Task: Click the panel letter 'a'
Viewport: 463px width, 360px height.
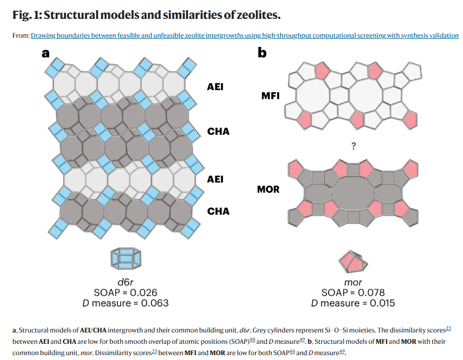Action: point(46,53)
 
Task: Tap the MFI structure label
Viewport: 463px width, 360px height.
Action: point(270,96)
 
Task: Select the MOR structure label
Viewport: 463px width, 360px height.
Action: point(269,190)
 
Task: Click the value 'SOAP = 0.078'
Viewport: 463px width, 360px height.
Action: point(353,293)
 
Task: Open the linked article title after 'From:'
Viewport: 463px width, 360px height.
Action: point(245,36)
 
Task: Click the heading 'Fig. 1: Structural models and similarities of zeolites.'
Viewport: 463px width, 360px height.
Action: point(146,15)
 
